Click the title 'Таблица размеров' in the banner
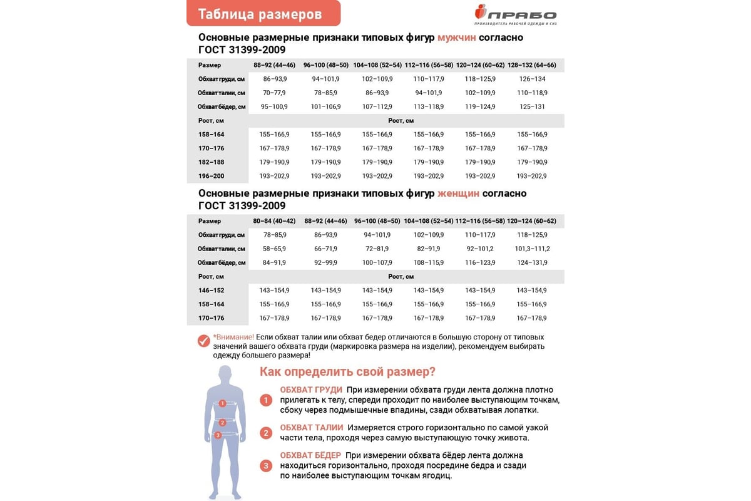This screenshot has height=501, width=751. (260, 14)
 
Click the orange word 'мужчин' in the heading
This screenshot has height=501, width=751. (456, 38)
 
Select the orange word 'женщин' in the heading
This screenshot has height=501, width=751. (458, 194)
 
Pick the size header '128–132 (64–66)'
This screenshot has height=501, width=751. (532, 65)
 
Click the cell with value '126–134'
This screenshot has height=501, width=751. (532, 79)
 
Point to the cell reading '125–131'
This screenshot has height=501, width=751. (532, 106)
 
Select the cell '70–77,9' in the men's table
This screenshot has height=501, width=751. (274, 93)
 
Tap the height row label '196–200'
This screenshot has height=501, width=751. (211, 176)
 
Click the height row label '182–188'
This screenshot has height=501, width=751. (211, 162)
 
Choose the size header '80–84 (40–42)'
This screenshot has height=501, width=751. (274, 221)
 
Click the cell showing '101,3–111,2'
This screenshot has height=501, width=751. (532, 249)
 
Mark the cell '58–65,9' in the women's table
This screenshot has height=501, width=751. (274, 249)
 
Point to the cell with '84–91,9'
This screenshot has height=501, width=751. (274, 262)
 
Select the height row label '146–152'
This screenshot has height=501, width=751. (211, 291)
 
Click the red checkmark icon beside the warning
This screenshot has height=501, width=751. (203, 341)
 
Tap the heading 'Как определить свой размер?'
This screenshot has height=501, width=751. (347, 371)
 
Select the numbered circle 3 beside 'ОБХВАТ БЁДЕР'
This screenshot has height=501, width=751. (266, 465)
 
